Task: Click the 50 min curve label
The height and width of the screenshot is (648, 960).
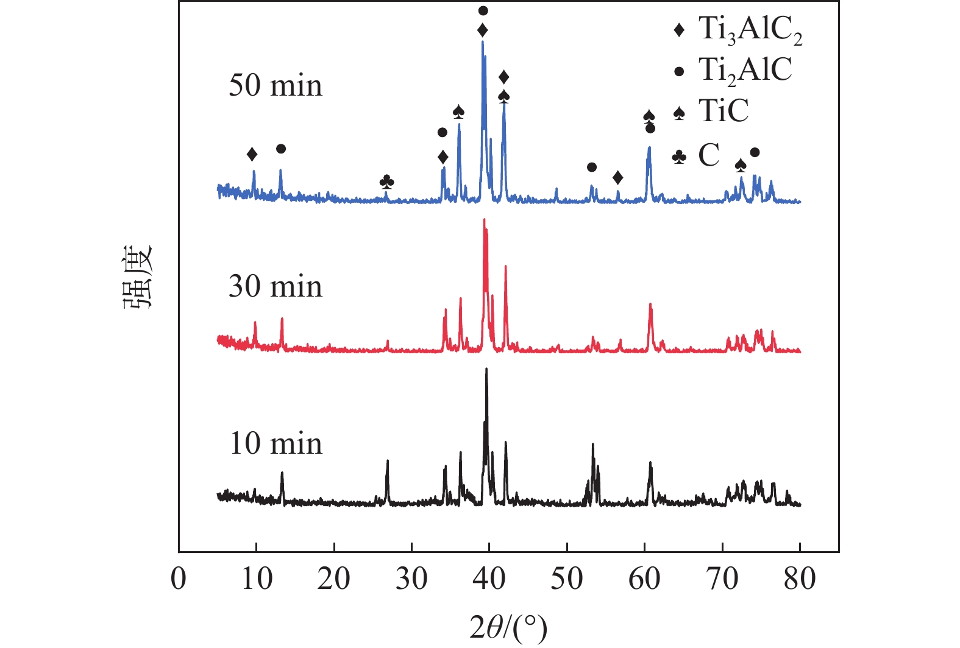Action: coord(276,85)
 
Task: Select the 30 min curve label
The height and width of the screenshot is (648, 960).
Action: coord(276,286)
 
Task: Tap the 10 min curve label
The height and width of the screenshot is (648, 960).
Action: coord(276,443)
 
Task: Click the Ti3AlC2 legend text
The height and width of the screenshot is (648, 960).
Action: coord(750,30)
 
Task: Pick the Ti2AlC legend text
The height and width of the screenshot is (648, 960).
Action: coord(745,70)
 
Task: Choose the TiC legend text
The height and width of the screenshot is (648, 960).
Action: coord(723,111)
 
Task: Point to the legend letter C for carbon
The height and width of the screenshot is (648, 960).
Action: coord(709,155)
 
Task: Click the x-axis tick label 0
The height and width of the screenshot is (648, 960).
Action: coord(179,578)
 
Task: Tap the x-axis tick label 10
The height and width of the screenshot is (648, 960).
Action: coord(257,578)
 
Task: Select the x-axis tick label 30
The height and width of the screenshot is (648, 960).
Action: coord(412,578)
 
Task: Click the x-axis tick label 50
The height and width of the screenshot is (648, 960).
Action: coord(567,578)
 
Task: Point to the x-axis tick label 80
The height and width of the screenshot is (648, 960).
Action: coord(800,578)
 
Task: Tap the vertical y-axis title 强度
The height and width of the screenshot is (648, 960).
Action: coord(139,277)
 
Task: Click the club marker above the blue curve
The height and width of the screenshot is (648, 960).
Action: coord(386,181)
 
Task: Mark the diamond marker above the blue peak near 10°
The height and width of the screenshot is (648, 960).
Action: coord(252,155)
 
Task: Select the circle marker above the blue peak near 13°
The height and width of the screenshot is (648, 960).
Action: coord(280,149)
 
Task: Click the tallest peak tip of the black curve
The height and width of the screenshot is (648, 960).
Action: coord(486,369)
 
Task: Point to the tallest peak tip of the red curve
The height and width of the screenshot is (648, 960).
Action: coord(484,220)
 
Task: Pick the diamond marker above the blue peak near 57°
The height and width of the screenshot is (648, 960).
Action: coord(617,178)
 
